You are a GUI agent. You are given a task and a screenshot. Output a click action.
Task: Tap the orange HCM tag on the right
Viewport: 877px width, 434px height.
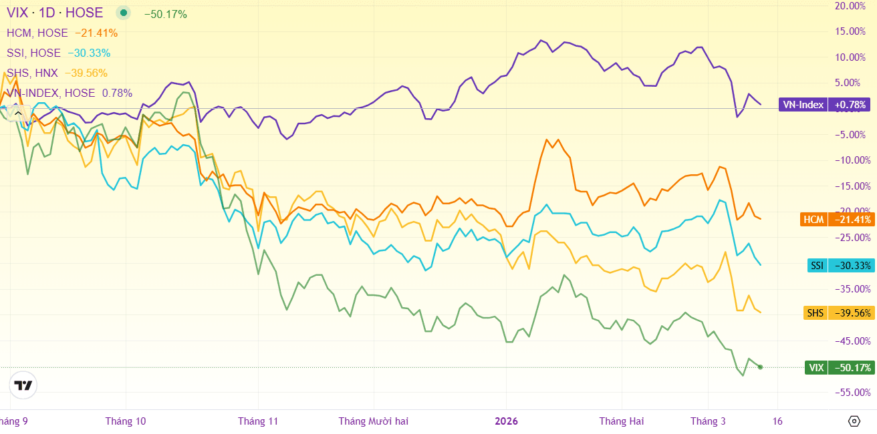tap(837, 220)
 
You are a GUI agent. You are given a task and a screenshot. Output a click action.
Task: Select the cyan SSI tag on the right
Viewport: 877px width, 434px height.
tap(841, 266)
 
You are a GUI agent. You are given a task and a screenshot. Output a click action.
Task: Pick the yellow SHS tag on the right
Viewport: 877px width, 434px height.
tap(839, 312)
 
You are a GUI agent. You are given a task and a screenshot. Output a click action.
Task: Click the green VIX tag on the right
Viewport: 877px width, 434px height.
tap(840, 367)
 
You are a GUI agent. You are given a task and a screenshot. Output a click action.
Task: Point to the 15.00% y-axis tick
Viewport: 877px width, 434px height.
tap(850, 31)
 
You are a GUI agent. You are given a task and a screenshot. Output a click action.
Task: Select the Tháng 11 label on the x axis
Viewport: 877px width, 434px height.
tap(258, 421)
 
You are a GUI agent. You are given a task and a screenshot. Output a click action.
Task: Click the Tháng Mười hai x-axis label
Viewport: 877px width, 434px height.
tap(374, 421)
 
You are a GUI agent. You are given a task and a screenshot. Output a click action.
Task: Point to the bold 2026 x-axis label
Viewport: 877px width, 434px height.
tap(506, 421)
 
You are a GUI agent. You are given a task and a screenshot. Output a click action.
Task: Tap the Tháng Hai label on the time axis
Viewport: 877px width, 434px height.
tap(622, 421)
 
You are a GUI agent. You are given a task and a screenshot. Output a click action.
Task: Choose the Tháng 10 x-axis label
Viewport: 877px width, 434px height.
tap(126, 421)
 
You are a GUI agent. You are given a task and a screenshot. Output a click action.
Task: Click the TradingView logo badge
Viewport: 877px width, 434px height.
tap(23, 385)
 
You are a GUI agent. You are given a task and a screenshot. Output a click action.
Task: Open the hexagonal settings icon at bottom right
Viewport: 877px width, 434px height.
tap(854, 421)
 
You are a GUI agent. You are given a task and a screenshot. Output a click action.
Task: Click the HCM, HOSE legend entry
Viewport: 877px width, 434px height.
tap(37, 33)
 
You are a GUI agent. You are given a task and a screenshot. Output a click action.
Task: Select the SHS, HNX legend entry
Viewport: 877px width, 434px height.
tap(32, 73)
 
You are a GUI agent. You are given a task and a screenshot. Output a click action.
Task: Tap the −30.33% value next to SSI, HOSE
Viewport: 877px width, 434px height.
tap(90, 53)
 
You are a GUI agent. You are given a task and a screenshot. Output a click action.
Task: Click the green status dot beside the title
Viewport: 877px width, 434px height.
tap(123, 13)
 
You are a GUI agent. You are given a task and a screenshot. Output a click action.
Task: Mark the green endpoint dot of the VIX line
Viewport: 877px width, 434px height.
tap(760, 367)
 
